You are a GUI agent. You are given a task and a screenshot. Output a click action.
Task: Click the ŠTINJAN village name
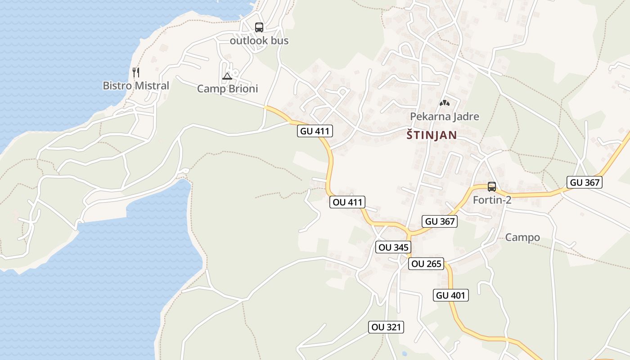click(x=432, y=135)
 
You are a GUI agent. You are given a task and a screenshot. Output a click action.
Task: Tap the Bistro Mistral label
click(x=136, y=85)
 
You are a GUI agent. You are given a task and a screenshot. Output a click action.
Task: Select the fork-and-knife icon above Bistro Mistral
click(x=136, y=72)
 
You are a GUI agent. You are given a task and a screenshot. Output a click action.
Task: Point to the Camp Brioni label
click(x=228, y=89)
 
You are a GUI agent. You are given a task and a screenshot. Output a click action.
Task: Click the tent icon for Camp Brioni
click(x=227, y=76)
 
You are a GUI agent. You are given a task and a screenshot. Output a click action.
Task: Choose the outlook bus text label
click(x=259, y=40)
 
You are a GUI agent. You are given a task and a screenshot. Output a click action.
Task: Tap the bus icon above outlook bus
click(x=259, y=27)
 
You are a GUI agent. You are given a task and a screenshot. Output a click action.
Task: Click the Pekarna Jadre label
click(x=445, y=117)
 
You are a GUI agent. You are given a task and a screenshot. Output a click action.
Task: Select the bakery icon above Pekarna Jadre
click(x=445, y=103)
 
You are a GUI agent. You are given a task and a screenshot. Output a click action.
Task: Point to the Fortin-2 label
click(x=492, y=200)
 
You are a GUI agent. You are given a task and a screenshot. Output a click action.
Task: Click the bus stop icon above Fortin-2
click(x=492, y=187)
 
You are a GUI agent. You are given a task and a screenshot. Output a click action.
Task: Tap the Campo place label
click(x=522, y=237)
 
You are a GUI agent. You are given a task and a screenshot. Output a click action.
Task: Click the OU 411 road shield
click(x=347, y=202)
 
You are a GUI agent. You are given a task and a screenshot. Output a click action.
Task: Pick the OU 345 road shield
click(x=393, y=247)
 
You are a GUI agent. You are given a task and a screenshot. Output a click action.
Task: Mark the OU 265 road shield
click(x=426, y=264)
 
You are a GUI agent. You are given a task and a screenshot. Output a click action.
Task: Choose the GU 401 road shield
click(x=451, y=295)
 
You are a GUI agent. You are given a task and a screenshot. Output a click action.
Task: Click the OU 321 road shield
click(x=386, y=327)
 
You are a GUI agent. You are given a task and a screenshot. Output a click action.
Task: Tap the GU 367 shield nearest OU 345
click(x=440, y=221)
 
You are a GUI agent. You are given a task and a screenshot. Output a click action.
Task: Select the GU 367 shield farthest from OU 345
click(x=584, y=182)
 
